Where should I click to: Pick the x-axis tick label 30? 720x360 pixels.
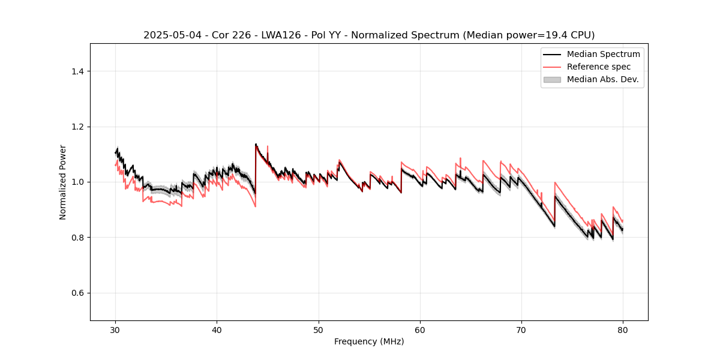pos(116,330)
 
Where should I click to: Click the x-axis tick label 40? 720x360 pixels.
pos(217,330)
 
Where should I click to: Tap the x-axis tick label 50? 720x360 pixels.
pos(319,330)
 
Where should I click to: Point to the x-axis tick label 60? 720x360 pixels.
pos(420,330)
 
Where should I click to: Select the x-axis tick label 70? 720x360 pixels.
pos(521,330)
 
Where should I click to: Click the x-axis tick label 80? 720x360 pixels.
pos(623,330)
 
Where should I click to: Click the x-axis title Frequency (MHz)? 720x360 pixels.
pos(369,341)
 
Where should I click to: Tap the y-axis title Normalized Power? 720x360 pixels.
pos(63,182)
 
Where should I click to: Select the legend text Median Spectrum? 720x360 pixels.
pos(603,54)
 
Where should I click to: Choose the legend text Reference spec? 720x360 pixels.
pos(599,67)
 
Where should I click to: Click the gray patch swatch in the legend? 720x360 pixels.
pos(552,79)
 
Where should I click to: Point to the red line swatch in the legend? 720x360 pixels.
pos(552,67)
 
